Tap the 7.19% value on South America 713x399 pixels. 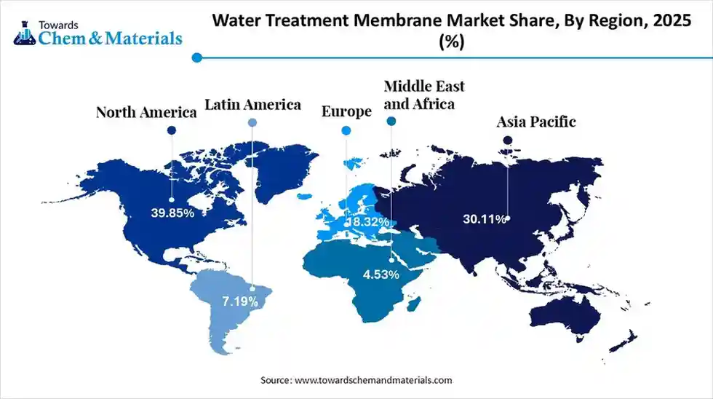point(240,300)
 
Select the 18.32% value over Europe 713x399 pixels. point(367,221)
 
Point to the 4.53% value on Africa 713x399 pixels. point(381,274)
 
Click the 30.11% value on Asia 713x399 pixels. point(483,218)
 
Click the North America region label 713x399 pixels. point(147,112)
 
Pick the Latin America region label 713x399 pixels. point(252,104)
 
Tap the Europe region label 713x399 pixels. point(346,111)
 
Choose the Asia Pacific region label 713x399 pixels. point(536,121)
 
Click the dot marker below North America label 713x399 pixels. point(172,130)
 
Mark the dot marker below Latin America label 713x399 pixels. point(252,123)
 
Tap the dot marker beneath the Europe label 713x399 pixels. point(346,130)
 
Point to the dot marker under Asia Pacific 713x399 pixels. point(508,140)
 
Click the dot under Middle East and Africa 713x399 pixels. point(391,123)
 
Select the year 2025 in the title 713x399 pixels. point(672,21)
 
